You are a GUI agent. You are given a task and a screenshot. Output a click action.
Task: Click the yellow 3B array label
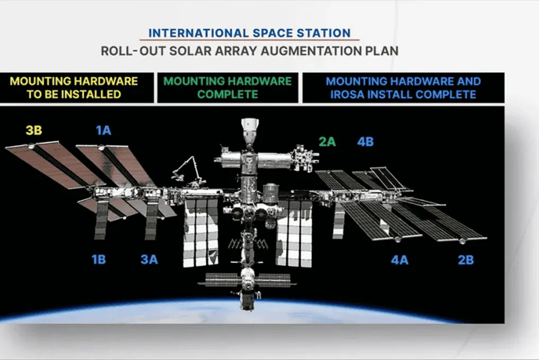[x=34, y=131]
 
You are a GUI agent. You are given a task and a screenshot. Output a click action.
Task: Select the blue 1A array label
[x=103, y=131]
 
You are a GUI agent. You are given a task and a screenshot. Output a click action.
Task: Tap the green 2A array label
[x=327, y=141]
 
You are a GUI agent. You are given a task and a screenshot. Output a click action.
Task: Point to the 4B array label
[x=365, y=141]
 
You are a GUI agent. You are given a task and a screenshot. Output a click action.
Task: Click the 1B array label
[x=99, y=260]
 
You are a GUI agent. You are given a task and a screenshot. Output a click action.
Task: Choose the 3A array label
[x=149, y=260]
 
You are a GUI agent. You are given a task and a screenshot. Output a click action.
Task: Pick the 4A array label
[x=399, y=260]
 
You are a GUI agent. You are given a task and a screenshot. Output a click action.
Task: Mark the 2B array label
[x=466, y=260]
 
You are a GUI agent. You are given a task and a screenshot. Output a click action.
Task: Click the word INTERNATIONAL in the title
[x=199, y=33]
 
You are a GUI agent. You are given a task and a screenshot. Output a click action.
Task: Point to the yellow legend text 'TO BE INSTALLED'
[x=74, y=95]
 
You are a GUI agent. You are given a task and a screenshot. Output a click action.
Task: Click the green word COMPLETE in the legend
[x=228, y=95]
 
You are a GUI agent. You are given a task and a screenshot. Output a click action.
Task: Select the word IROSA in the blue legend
[x=347, y=95]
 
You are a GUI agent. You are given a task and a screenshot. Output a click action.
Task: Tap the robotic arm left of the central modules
[x=187, y=170]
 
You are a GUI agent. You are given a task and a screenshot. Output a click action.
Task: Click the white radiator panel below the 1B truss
[x=101, y=220]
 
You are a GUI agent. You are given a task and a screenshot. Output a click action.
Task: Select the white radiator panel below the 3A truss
[x=151, y=220]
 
